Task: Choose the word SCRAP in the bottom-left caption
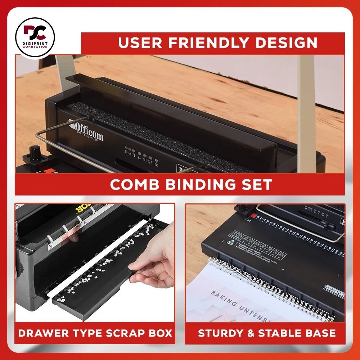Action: [123, 333]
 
